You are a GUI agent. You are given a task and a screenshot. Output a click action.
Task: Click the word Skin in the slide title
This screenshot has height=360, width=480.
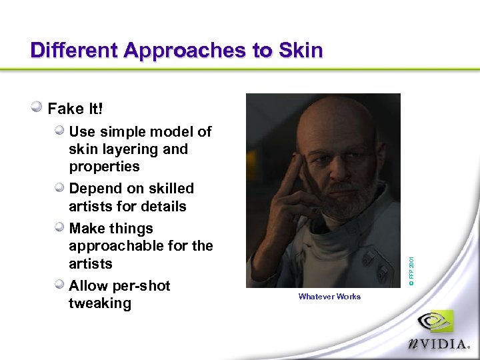(299, 50)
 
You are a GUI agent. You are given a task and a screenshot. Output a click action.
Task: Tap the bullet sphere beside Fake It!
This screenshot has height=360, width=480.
(38, 107)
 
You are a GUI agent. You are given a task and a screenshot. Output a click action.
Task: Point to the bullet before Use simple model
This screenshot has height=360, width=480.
(60, 130)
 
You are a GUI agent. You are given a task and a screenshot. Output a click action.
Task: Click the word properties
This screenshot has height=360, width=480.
(104, 167)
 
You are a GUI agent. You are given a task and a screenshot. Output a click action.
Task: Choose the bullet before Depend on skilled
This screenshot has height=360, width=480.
(60, 187)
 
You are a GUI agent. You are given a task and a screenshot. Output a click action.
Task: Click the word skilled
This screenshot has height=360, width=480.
(169, 189)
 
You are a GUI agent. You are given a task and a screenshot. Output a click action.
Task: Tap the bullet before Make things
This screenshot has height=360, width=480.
(60, 227)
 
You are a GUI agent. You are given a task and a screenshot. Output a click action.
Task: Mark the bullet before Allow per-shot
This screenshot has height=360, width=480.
(60, 285)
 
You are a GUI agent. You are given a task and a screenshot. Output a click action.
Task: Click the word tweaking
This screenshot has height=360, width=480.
(100, 303)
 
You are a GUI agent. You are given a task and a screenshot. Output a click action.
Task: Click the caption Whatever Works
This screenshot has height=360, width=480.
(329, 297)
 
